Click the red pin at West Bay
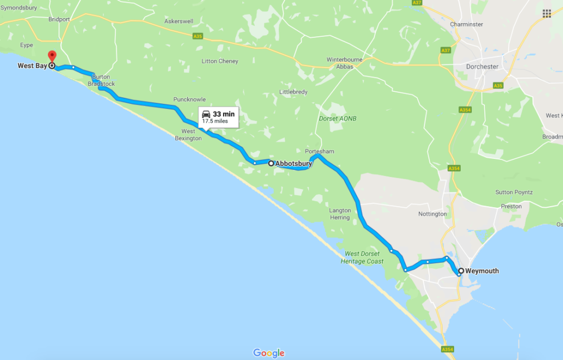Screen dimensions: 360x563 (x=52, y=56)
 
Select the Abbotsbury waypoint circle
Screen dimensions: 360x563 (x=271, y=163)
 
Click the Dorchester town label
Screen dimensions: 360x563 (x=482, y=67)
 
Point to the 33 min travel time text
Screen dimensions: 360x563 (x=224, y=114)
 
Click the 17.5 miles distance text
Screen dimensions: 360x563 (x=215, y=121)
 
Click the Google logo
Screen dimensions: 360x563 (x=269, y=353)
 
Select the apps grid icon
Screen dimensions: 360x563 (x=547, y=13)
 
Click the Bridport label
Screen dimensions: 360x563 (x=59, y=19)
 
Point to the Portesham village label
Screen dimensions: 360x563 (x=319, y=151)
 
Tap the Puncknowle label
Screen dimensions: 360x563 (x=189, y=99)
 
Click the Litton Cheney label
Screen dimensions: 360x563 (x=220, y=62)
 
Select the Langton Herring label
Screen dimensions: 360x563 (x=340, y=214)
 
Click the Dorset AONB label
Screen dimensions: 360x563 (x=338, y=118)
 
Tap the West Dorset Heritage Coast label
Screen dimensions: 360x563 (x=363, y=257)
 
